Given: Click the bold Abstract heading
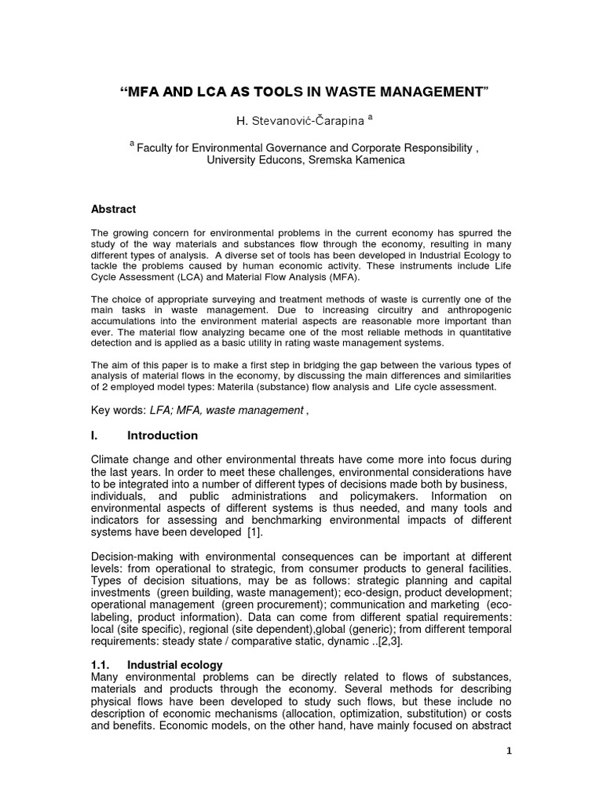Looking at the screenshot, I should pyautogui.click(x=114, y=210).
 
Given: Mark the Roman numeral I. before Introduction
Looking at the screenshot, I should pyautogui.click(x=96, y=436).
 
